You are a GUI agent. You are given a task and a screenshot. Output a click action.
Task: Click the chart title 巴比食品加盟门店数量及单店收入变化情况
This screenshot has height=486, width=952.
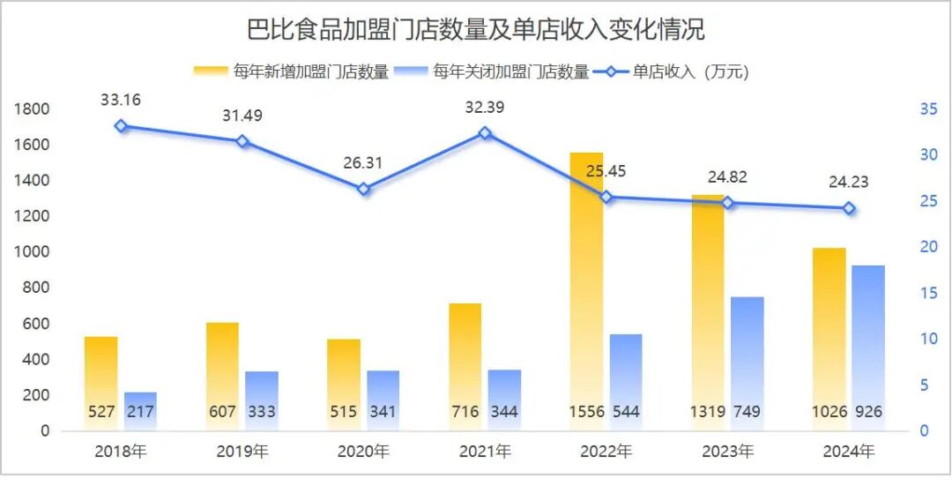[x=476, y=29]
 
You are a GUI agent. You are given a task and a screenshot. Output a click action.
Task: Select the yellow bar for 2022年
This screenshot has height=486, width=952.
[x=586, y=291]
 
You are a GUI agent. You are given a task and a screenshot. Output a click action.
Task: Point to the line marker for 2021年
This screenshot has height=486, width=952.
[x=485, y=133]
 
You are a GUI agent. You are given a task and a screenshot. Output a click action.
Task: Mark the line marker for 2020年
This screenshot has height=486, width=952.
[x=363, y=189]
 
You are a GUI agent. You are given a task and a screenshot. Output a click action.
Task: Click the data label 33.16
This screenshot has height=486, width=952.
[x=121, y=100]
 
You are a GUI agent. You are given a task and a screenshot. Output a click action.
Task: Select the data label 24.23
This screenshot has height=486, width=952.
[x=849, y=183]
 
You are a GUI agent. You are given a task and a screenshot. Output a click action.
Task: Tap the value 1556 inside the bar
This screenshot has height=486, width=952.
[x=586, y=412]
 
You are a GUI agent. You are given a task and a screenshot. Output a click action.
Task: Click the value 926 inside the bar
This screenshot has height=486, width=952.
[x=867, y=412]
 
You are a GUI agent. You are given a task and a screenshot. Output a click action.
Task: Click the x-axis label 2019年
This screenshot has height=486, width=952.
[x=242, y=452]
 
